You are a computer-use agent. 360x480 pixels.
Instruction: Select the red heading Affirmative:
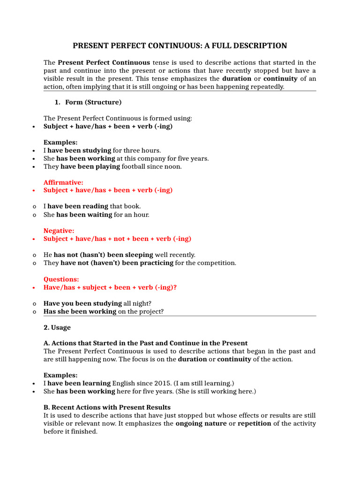pos(63,182)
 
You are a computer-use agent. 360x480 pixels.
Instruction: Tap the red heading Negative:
pos(59,230)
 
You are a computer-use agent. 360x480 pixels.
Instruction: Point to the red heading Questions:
pos(61,279)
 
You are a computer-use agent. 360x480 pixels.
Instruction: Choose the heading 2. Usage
pos(57,327)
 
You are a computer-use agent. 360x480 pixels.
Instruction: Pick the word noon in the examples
pos(172,166)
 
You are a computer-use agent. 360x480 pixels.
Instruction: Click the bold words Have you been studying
pos(82,303)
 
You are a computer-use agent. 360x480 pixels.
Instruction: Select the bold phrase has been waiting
pos(84,215)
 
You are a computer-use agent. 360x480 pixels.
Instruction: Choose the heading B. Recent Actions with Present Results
pos(107,407)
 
